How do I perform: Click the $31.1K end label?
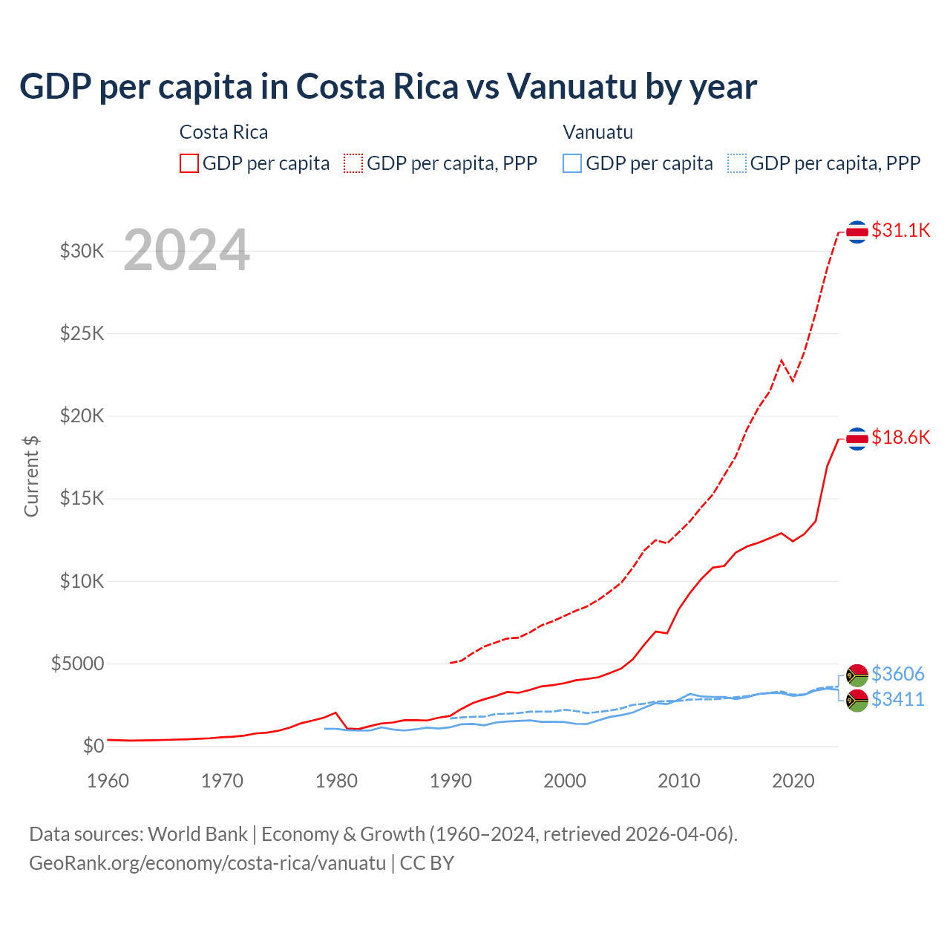coord(900,230)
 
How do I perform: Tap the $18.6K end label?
coord(900,437)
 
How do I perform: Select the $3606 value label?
coord(897,674)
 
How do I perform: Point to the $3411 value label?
coord(897,699)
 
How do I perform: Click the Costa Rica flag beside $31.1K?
coord(857,232)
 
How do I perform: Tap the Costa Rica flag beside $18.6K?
coord(857,439)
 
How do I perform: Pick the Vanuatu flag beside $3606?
coord(857,675)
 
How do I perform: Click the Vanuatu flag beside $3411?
coord(857,701)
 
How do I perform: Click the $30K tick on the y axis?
coord(82,251)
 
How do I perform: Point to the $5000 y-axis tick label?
coord(77,664)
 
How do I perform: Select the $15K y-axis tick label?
coord(82,498)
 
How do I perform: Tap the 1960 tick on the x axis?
coord(108,781)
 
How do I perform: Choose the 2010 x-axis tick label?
coord(679,781)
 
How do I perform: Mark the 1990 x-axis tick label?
coord(451,781)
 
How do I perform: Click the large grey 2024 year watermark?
coord(186,250)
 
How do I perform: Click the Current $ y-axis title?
coord(31,476)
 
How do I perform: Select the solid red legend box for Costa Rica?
coord(189,163)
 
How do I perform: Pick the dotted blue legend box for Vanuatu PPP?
coord(737,163)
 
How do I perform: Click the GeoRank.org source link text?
coord(207,863)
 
